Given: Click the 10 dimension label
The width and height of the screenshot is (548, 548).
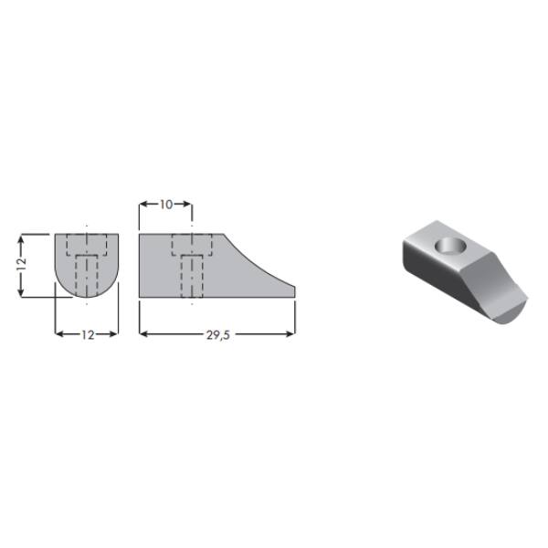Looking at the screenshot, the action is coord(166,205).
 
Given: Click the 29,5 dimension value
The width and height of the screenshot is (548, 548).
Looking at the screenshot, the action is coord(218,335).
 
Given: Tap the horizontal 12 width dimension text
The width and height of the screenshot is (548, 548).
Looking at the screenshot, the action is coord(88,335).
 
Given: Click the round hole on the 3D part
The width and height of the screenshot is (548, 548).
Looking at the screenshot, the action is coord(451,246).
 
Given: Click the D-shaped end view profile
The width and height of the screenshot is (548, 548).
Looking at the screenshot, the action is coord(87,266).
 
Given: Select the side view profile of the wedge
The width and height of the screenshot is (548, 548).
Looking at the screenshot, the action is coord(216,266).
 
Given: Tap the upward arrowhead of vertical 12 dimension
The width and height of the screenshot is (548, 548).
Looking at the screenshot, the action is coord(21,238).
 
